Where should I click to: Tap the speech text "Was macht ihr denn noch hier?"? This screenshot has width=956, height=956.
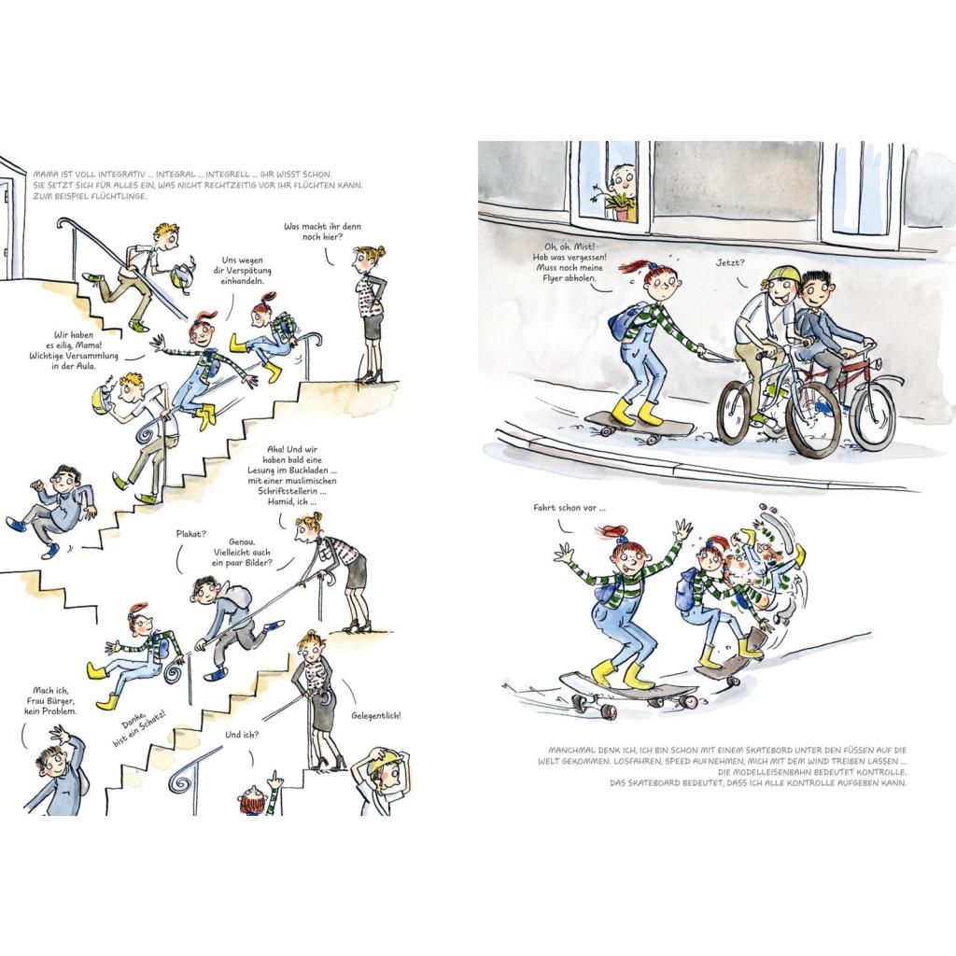click(x=322, y=232)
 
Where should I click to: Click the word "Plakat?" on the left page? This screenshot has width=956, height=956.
click(x=190, y=533)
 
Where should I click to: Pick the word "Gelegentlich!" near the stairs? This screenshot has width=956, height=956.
click(x=376, y=716)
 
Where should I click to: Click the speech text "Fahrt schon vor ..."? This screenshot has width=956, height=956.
click(x=569, y=507)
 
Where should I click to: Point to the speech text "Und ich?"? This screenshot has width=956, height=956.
click(x=242, y=735)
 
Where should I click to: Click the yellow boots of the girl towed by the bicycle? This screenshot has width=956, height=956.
click(x=637, y=412)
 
